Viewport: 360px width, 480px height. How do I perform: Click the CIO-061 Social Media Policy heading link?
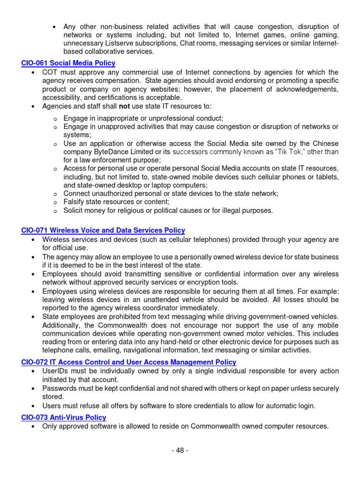(68, 63)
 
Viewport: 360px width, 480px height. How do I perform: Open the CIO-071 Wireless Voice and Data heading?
(103, 231)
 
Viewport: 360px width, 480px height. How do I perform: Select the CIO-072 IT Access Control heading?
(128, 362)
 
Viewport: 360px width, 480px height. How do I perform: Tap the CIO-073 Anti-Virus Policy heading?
(64, 417)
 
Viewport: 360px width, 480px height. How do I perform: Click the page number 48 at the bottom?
(180, 450)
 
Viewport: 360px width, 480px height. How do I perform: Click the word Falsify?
(75, 202)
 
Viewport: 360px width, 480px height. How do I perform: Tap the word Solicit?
(74, 210)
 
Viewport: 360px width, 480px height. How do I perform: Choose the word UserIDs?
(55, 371)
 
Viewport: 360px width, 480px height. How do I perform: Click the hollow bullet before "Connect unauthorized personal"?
(54, 194)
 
